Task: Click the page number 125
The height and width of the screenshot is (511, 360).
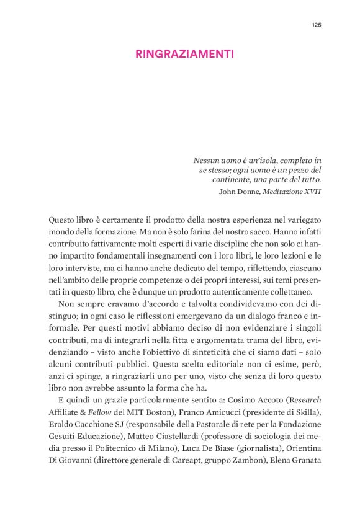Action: (316, 25)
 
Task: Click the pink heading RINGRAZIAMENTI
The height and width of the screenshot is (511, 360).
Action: (184, 54)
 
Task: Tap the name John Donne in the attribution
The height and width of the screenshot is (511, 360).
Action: (240, 191)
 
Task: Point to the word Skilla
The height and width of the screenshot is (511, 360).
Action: (307, 411)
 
